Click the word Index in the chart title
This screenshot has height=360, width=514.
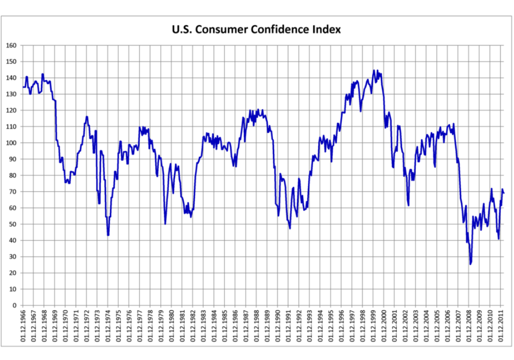326,29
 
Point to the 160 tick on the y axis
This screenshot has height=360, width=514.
11,45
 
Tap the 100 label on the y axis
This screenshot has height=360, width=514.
11,143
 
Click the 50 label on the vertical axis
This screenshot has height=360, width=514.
13,224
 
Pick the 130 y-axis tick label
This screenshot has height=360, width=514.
11,94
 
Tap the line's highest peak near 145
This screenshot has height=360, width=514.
374,70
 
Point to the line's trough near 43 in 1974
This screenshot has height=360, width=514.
108,235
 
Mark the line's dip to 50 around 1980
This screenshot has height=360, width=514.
165,224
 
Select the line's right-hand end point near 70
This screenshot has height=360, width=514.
504,193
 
